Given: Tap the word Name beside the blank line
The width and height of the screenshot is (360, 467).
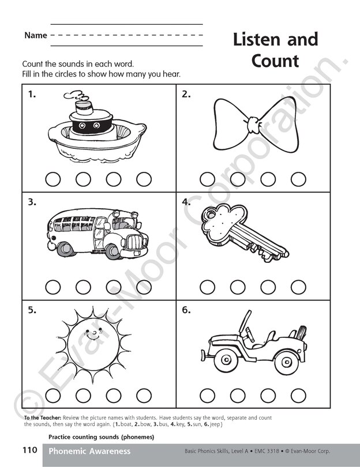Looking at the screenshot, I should point(36,36).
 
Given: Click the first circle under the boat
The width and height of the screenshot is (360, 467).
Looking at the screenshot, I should point(52,179).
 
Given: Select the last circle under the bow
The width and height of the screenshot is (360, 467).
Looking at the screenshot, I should point(298,179).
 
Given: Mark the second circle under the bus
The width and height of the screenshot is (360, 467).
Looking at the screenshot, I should point(83,287).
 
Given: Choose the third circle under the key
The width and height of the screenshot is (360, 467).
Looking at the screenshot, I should point(268,287).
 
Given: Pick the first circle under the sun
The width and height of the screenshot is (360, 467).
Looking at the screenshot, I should point(52,395).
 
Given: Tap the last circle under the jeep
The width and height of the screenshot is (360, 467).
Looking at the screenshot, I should point(298,395).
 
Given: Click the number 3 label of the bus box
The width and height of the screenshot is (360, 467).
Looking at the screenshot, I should point(32,202).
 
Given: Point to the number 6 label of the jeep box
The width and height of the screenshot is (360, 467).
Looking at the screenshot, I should point(186,310).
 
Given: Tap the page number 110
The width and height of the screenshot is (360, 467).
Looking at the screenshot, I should point(30,450).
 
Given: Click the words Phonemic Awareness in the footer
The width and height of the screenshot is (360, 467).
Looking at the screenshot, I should point(89,451).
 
